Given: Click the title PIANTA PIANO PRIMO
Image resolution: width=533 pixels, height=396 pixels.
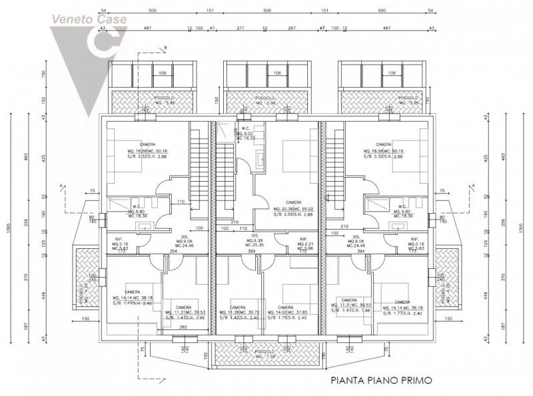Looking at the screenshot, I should point(382,381).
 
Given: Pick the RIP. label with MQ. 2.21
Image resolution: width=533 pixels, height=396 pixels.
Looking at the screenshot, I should point(302,239).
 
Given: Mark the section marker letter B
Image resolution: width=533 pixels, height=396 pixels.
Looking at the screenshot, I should point(165,47).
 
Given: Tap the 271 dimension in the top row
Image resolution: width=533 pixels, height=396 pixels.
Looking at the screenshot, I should point(241,29).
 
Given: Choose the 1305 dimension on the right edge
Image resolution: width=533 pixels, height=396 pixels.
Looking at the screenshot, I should point(520,226).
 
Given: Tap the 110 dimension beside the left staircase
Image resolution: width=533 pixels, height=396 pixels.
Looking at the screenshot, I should point(180,202).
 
